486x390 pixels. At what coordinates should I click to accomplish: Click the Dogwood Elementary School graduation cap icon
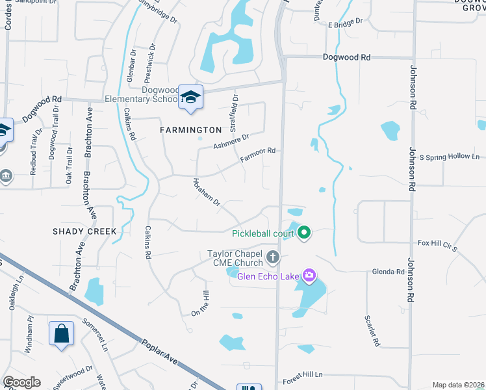(190, 97)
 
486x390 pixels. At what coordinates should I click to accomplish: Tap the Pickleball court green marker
(303, 233)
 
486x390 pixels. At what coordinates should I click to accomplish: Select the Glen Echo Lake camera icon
(309, 276)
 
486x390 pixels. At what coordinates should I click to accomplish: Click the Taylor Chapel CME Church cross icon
(272, 257)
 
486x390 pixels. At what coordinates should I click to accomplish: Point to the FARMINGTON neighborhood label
(192, 130)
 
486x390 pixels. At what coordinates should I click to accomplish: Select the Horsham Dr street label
(207, 193)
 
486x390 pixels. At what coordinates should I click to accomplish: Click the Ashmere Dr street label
(231, 141)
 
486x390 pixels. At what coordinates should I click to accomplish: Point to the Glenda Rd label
(388, 272)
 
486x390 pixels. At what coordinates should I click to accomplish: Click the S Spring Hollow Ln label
(449, 157)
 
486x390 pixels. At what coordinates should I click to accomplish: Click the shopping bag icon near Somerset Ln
(60, 334)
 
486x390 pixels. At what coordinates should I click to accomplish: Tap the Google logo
(21, 382)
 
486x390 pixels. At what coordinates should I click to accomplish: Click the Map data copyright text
(457, 385)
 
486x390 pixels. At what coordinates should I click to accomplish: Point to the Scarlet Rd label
(372, 331)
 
